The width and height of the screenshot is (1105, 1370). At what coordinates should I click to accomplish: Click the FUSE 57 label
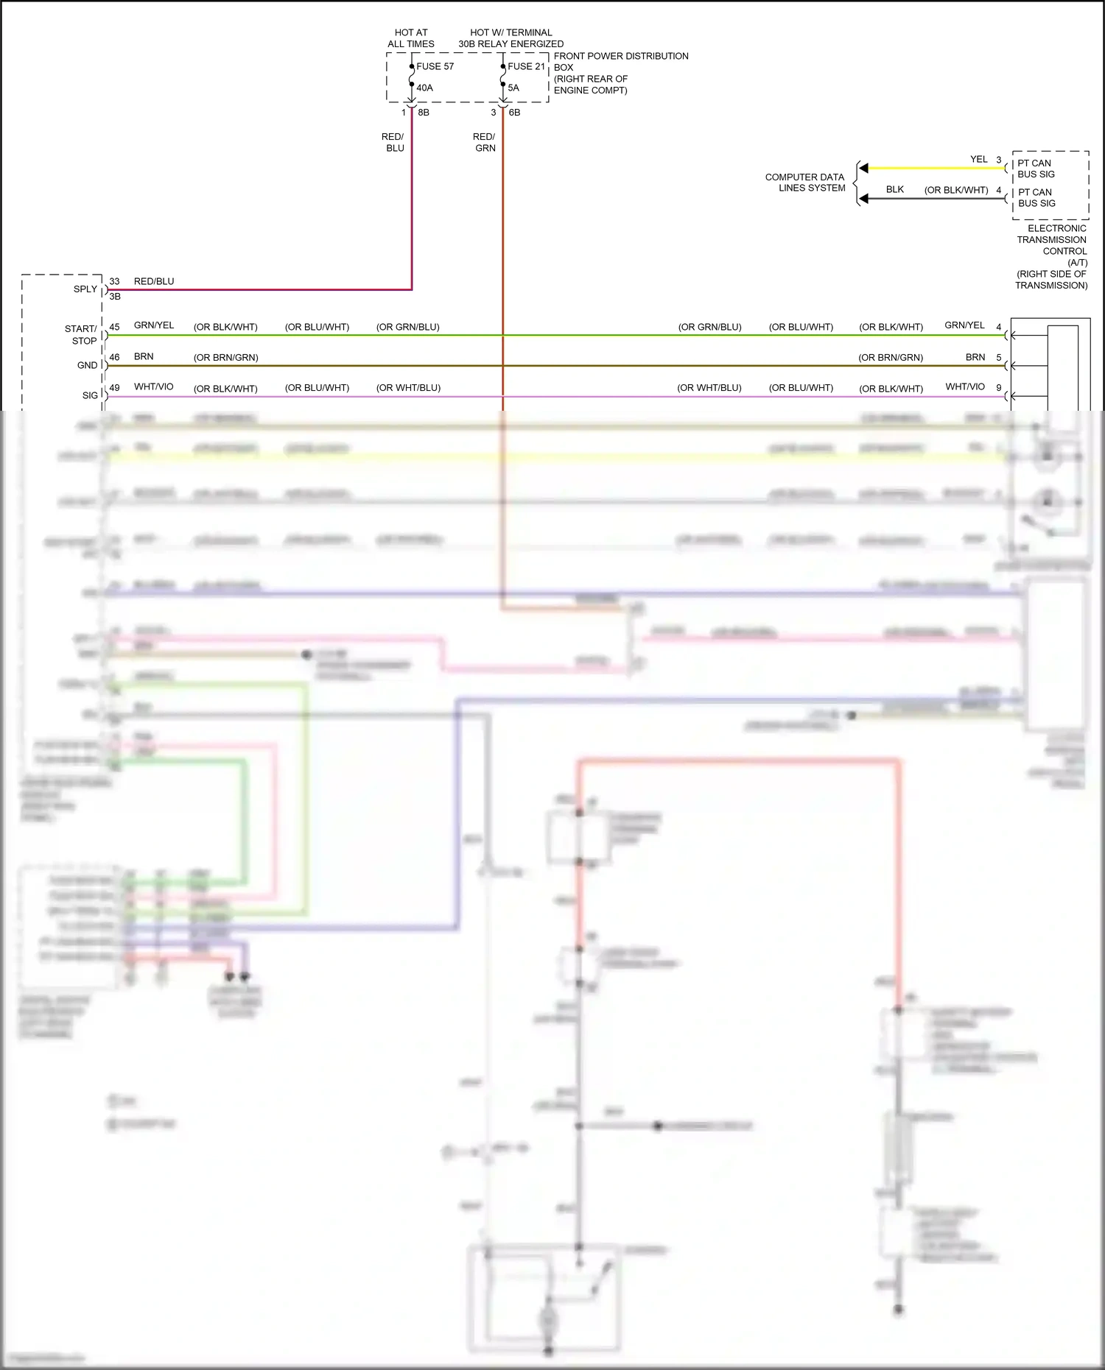coord(435,66)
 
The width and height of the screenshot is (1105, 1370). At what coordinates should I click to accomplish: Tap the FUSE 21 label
coord(526,66)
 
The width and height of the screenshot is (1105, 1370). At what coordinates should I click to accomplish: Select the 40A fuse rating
coord(424,88)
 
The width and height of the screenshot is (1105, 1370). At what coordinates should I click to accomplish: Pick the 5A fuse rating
coord(513,88)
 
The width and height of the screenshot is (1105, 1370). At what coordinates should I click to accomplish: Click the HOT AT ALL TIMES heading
coord(411,38)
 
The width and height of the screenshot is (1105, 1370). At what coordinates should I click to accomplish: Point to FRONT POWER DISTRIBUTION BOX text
coord(620,72)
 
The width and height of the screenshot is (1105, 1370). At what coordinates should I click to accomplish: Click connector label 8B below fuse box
coord(424,113)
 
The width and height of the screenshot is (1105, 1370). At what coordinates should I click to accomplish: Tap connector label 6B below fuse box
coord(514,113)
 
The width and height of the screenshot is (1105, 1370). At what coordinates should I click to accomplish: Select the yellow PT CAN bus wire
coord(936,169)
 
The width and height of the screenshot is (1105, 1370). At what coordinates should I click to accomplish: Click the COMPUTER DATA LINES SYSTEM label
coord(805,183)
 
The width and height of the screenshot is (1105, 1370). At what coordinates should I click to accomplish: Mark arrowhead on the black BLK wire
coord(863,199)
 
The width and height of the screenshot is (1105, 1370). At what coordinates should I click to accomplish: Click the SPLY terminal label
coord(85,289)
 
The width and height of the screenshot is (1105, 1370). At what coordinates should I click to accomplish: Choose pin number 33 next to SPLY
coord(114,281)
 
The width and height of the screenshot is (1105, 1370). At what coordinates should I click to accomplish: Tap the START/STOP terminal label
coord(81,335)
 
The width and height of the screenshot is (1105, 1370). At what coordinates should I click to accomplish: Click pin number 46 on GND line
coord(114,357)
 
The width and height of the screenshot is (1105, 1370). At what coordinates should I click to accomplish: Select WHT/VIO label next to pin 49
coord(153,386)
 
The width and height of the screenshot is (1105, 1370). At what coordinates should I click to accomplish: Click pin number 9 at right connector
coord(999,387)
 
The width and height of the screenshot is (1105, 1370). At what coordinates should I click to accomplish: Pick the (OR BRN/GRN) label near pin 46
coord(225,358)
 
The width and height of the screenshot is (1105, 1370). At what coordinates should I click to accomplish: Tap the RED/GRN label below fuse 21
coord(484,142)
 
